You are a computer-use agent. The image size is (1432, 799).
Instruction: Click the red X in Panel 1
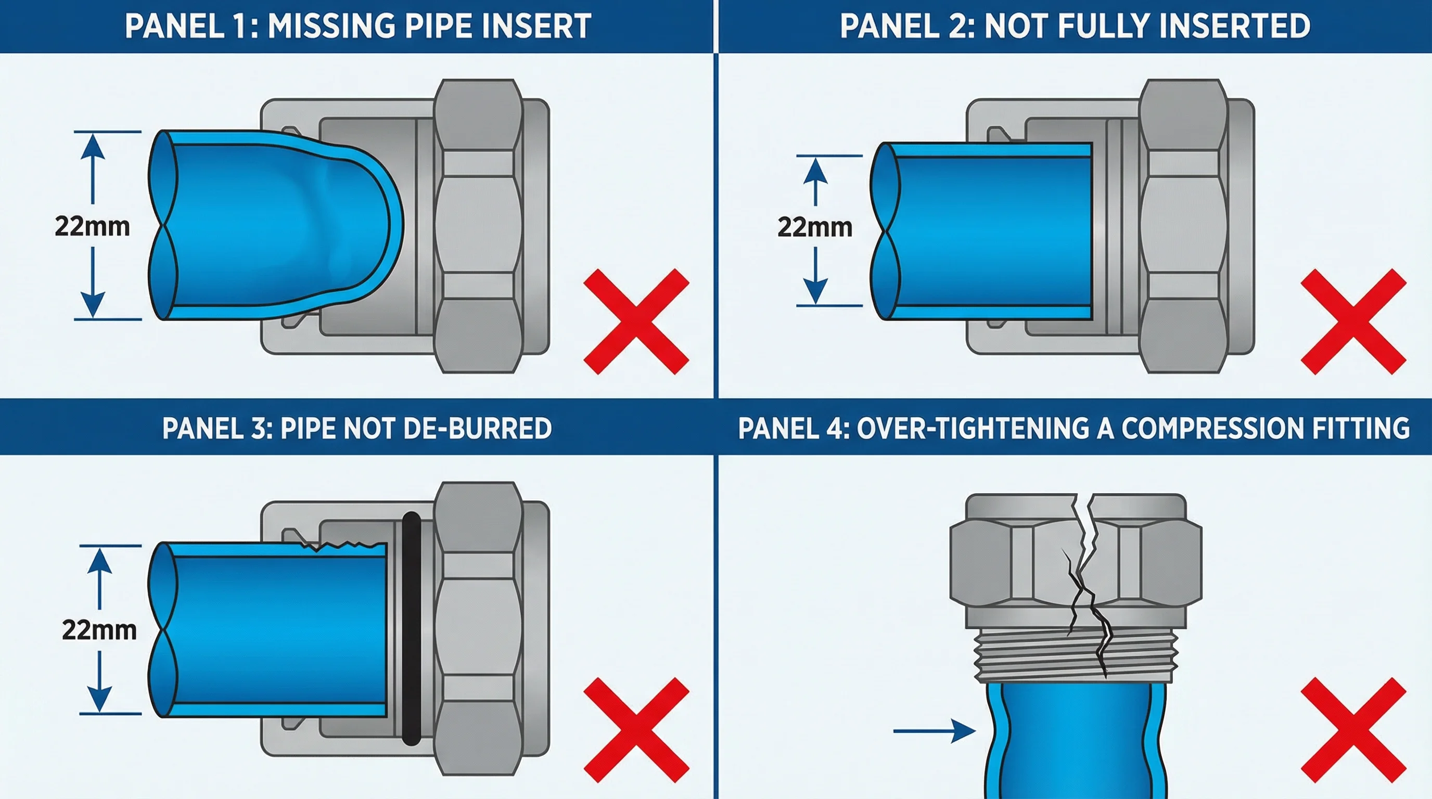pyautogui.click(x=636, y=321)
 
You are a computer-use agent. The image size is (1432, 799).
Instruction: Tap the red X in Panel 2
pyautogui.click(x=1353, y=321)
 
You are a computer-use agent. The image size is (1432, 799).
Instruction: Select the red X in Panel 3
pyautogui.click(x=636, y=729)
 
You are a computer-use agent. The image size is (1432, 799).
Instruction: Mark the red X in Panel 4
pyautogui.click(x=1353, y=729)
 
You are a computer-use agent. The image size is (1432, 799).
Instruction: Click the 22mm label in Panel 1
pyautogui.click(x=92, y=227)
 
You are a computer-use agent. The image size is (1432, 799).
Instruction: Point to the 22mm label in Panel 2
pyautogui.click(x=815, y=227)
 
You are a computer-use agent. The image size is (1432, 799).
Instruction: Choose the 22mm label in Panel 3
pyautogui.click(x=99, y=630)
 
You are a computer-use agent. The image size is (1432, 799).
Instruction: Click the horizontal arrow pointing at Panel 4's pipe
pyautogui.click(x=934, y=731)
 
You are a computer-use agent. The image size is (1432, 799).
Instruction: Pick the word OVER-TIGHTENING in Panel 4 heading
pyautogui.click(x=973, y=429)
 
